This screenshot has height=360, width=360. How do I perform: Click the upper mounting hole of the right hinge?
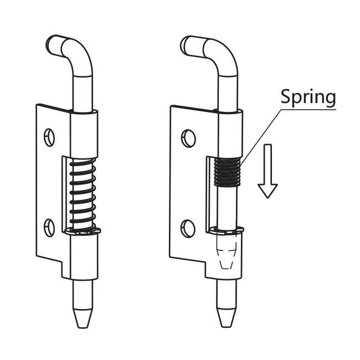(188, 136)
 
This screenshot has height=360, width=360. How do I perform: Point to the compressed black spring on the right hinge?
(227, 172)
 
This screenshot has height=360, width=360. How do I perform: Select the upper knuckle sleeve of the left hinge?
(84, 133)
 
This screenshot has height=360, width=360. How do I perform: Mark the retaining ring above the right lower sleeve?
(228, 228)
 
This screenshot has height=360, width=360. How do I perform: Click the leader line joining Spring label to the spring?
(260, 136)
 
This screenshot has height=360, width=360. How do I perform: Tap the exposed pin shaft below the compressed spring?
(227, 205)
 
